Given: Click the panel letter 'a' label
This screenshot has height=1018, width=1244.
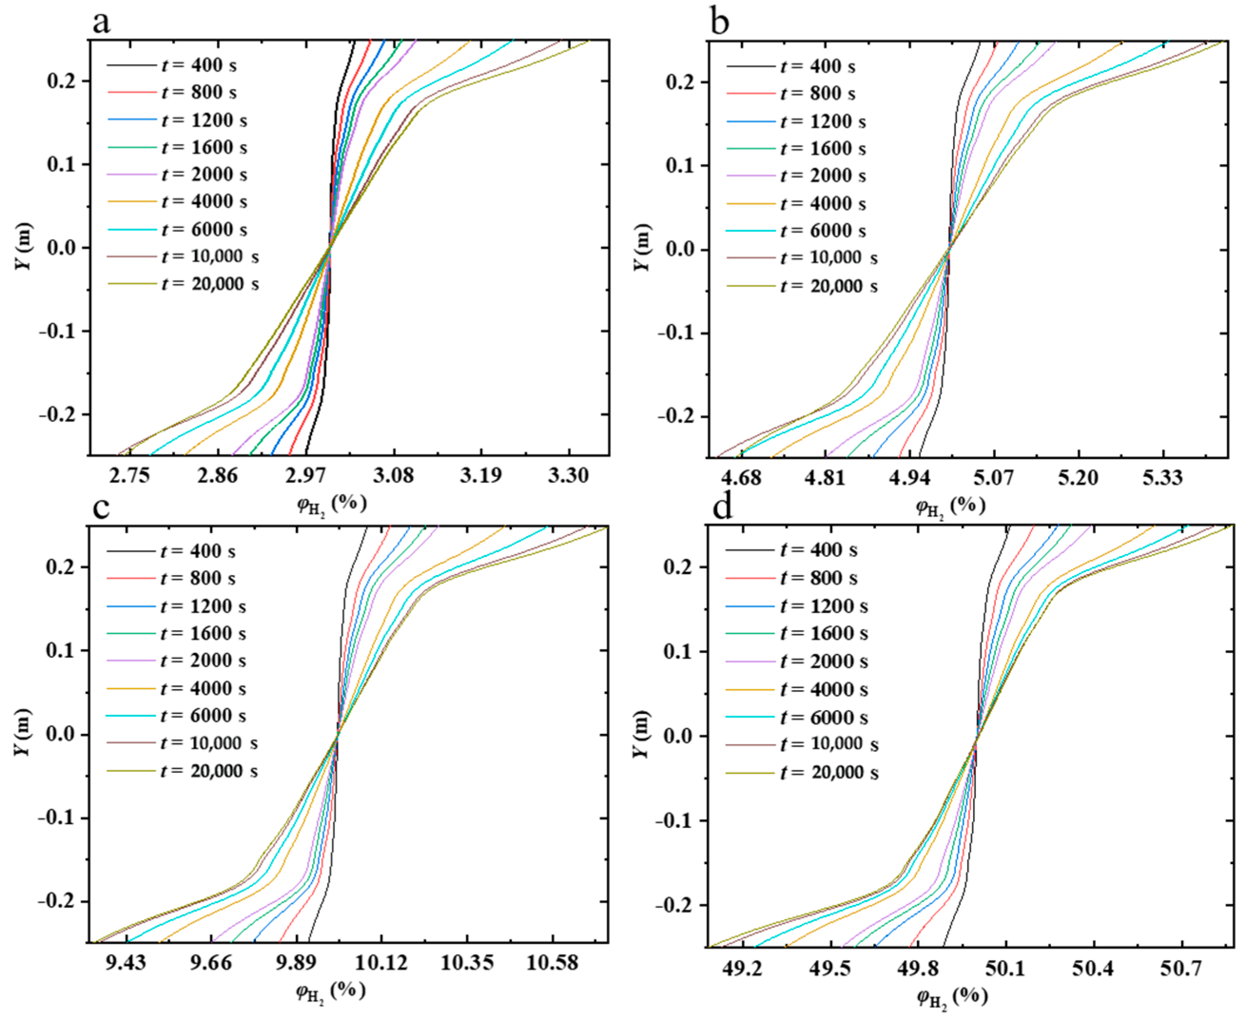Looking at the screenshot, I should pos(101,23).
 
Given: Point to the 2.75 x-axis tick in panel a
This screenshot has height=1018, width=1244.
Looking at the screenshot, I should pos(130,475).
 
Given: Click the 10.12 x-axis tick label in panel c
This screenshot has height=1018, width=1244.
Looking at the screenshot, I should pos(382,962).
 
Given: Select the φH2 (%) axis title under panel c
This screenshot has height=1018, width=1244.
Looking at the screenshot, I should pos(331,991).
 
